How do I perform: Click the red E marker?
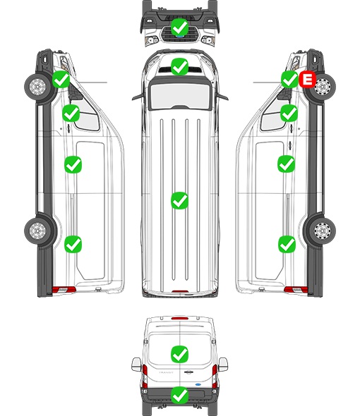click(x=307, y=79)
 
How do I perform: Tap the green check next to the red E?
click(x=290, y=79)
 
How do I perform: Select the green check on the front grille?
click(x=179, y=27)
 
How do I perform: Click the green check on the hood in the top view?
click(x=179, y=66)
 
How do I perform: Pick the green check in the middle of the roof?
click(x=179, y=200)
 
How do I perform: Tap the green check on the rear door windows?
click(x=179, y=354)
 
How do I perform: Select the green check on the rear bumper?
click(x=179, y=395)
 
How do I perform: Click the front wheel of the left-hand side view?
click(x=38, y=87)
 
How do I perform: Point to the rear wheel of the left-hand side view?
click(x=38, y=230)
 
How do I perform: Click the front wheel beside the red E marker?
click(x=322, y=87)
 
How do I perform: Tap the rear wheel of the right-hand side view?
click(x=322, y=230)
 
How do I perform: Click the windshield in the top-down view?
click(x=180, y=95)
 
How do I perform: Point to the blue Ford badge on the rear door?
click(x=198, y=384)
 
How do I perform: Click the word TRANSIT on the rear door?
click(x=166, y=372)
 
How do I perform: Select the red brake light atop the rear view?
click(x=180, y=318)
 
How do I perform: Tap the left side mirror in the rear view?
click(x=136, y=365)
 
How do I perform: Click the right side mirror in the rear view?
click(x=223, y=365)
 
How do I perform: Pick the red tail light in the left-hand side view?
click(x=64, y=290)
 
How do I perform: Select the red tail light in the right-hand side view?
click(x=296, y=290)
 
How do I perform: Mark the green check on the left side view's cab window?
click(x=71, y=113)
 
